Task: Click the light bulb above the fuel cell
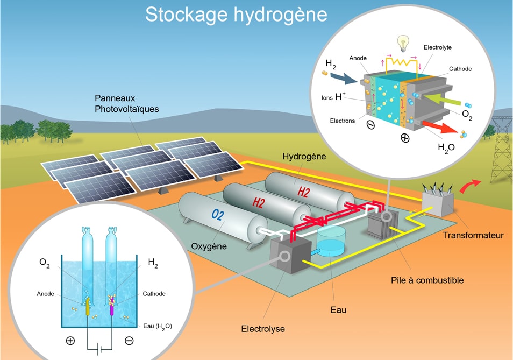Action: click(403, 43)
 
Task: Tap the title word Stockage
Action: click(186, 15)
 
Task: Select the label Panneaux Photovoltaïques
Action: click(126, 103)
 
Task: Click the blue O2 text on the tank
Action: click(218, 215)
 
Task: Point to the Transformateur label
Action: click(473, 235)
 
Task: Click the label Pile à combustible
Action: click(427, 280)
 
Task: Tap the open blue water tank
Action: click(331, 241)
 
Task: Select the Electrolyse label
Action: click(263, 329)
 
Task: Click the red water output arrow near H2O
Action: click(440, 126)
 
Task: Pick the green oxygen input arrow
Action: click(443, 99)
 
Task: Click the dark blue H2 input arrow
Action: click(344, 79)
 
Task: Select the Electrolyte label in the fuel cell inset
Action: click(437, 47)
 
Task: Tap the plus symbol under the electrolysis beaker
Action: click(70, 341)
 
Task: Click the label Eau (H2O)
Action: click(158, 326)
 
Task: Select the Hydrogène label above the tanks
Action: click(304, 157)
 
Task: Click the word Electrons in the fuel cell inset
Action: click(342, 121)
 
